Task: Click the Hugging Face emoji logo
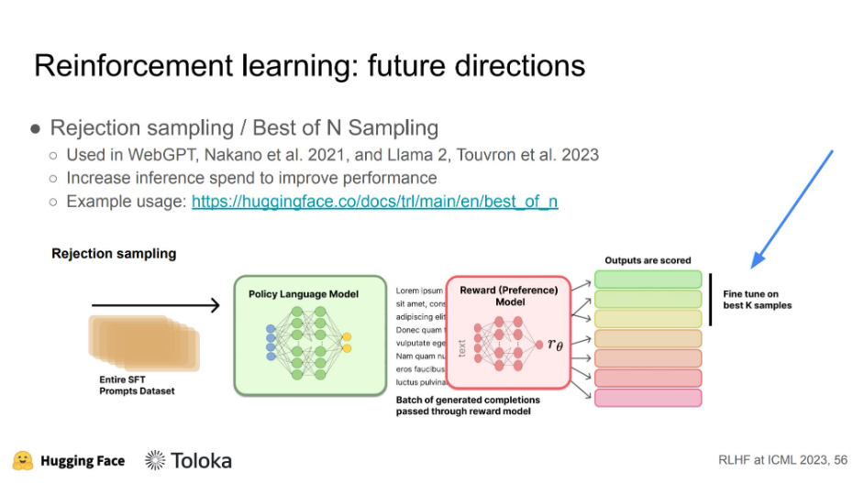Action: (23, 459)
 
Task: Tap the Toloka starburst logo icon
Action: (155, 460)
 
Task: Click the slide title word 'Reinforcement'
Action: (126, 65)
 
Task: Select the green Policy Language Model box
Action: (310, 335)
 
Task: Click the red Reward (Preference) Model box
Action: (508, 335)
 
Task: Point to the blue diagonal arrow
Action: (792, 208)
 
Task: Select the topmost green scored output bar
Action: (648, 279)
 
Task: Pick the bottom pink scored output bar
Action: (648, 398)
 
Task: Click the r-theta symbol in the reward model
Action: (555, 344)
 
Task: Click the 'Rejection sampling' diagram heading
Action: (114, 254)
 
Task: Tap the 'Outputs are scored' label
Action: (648, 260)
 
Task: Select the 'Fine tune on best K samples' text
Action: (757, 299)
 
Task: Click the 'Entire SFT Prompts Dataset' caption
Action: (136, 385)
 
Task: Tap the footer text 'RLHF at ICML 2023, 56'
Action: (782, 460)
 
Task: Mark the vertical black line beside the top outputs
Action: (710, 299)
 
